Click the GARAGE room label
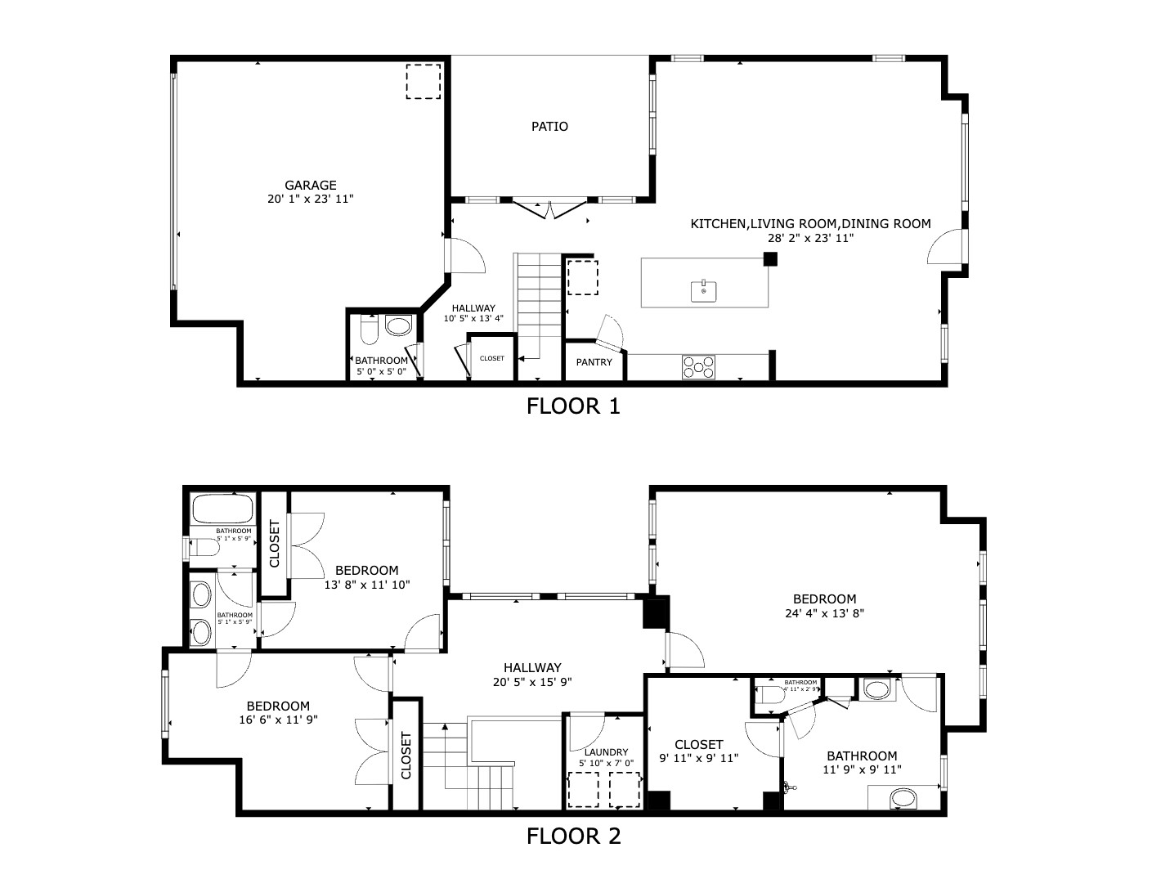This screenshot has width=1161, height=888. pyautogui.click(x=311, y=186)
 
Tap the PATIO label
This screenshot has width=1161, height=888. pyautogui.click(x=549, y=127)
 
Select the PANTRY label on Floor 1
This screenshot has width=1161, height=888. pyautogui.click(x=594, y=362)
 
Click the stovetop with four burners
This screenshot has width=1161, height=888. pyautogui.click(x=698, y=367)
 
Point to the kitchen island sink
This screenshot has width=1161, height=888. pyautogui.click(x=704, y=290)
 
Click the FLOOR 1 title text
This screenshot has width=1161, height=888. pyautogui.click(x=573, y=406)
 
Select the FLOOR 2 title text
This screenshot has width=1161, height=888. pyautogui.click(x=573, y=836)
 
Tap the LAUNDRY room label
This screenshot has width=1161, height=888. pyautogui.click(x=606, y=752)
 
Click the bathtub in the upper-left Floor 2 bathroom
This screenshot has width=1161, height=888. pyautogui.click(x=222, y=509)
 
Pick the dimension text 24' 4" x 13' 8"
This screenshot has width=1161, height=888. pyautogui.click(x=824, y=612)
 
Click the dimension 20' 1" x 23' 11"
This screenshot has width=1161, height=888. pyautogui.click(x=311, y=199)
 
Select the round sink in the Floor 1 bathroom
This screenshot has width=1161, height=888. pyautogui.click(x=399, y=327)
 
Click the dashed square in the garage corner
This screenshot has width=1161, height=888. pyautogui.click(x=424, y=81)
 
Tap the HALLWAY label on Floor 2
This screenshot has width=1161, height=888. pyautogui.click(x=532, y=668)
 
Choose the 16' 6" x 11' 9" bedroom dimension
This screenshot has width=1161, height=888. pyautogui.click(x=278, y=720)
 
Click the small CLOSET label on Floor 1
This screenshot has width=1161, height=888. pyautogui.click(x=492, y=358)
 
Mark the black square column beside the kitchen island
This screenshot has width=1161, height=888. pyautogui.click(x=769, y=259)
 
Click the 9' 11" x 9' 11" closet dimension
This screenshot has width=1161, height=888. pyautogui.click(x=699, y=758)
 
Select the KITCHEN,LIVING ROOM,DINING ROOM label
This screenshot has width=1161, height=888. pyautogui.click(x=810, y=224)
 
